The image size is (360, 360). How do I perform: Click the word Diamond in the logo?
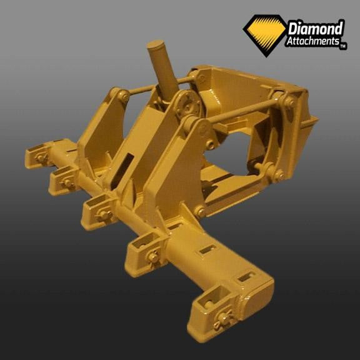pyautogui.click(x=316, y=29)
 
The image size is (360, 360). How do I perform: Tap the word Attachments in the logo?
pyautogui.click(x=312, y=41)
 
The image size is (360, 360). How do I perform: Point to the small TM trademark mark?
pyautogui.click(x=342, y=47)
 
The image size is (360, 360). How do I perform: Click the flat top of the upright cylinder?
pyautogui.click(x=156, y=44)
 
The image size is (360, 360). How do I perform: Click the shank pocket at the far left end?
pyautogui.click(x=37, y=156)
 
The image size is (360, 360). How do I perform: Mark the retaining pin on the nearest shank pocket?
pyautogui.click(x=223, y=319)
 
